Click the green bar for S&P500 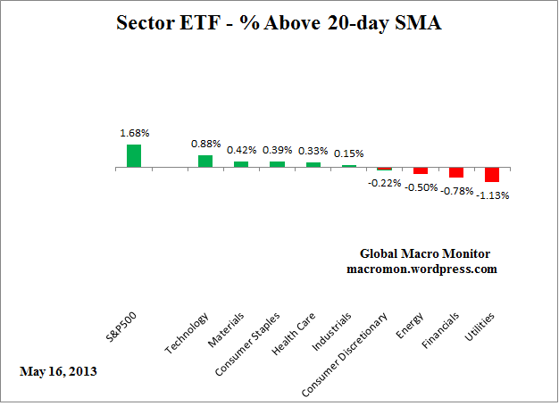click(x=134, y=156)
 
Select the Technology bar click(x=205, y=162)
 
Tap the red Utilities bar click(x=492, y=175)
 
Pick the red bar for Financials click(x=456, y=172)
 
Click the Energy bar click(x=421, y=170)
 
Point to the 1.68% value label click(x=135, y=133)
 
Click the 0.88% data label click(x=205, y=144)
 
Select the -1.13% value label click(x=492, y=195)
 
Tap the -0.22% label click(x=385, y=183)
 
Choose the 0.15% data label click(x=348, y=153)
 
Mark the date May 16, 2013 click(x=59, y=370)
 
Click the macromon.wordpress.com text click(x=423, y=269)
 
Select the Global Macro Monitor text click(x=424, y=253)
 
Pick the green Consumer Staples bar click(x=277, y=164)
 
